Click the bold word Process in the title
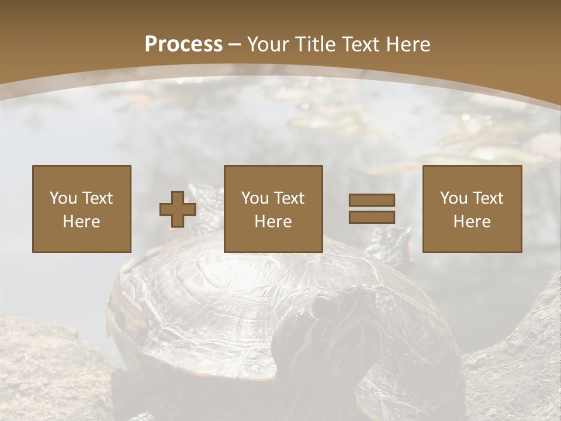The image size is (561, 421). coord(183,44)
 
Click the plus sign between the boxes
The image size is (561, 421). coord(178,209)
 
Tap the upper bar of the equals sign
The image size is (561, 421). coord(372,200)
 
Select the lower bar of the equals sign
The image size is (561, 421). coord(372,218)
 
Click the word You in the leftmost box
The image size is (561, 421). coord(63,198)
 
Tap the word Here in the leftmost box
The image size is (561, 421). coord(81,222)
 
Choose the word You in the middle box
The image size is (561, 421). coord(255,198)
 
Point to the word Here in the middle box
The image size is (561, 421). coord(273,222)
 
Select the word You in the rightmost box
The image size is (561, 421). coord(454,198)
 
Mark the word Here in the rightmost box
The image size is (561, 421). coord(472,222)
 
